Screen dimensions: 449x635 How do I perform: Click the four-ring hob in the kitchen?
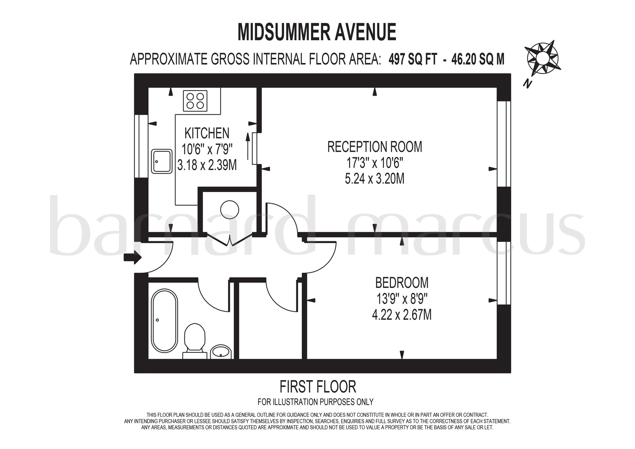click(195, 101)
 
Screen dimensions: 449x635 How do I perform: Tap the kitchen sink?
click(162, 162)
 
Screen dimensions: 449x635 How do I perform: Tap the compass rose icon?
click(543, 59)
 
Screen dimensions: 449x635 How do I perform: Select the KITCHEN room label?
click(207, 133)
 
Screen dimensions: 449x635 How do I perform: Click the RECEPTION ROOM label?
click(375, 147)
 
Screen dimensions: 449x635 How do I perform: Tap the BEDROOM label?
click(402, 283)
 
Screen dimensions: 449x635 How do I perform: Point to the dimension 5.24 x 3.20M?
click(375, 179)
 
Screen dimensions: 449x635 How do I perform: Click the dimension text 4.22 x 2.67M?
click(402, 315)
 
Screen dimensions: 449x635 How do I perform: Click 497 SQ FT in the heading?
click(413, 59)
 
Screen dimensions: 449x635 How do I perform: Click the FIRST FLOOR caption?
click(318, 387)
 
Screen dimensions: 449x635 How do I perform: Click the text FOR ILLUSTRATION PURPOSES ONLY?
click(315, 402)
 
